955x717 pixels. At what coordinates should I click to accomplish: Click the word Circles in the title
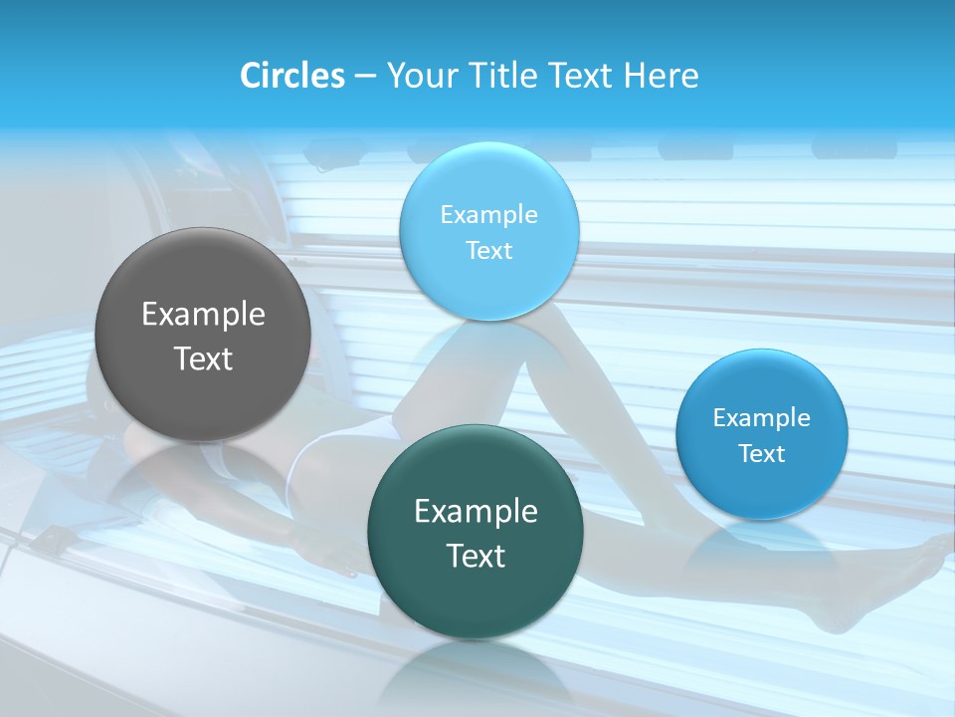pos(291,76)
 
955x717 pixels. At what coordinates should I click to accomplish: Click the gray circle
pos(203,335)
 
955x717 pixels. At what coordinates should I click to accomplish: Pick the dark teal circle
pos(475,531)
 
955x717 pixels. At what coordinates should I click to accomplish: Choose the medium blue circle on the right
pos(761,434)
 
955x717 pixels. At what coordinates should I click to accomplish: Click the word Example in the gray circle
pos(203,315)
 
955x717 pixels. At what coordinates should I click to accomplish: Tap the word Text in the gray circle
pos(203,358)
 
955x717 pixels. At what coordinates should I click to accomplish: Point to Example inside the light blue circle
pos(488,215)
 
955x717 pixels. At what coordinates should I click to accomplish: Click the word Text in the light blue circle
pos(488,250)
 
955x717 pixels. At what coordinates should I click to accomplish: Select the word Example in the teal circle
pos(476,512)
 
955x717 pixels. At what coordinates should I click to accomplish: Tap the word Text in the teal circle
pos(476,556)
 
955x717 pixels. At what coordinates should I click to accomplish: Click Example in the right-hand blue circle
pos(761,418)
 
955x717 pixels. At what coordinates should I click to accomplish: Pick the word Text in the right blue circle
pos(762,454)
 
